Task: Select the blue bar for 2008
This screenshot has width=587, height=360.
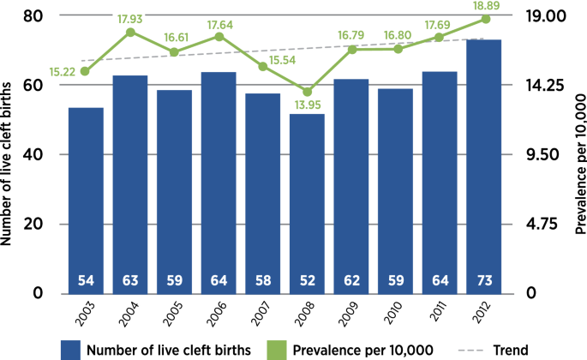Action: [307, 201]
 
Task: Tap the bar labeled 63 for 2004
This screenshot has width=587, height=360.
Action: [130, 180]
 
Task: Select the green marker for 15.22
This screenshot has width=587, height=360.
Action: [85, 71]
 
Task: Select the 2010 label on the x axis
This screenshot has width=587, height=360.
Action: [391, 312]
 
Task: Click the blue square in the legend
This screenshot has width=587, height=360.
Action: [71, 350]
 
